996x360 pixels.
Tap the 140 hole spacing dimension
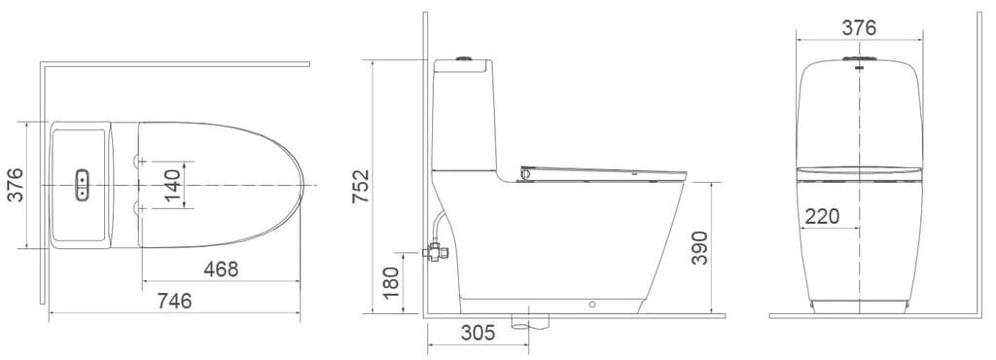(172, 184)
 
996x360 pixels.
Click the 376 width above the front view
(859, 27)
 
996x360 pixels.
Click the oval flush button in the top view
(83, 184)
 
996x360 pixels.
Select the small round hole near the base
(591, 304)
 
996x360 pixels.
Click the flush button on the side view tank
(464, 60)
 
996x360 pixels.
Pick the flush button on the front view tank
(859, 66)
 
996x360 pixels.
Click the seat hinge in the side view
(527, 174)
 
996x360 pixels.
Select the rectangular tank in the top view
(82, 184)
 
